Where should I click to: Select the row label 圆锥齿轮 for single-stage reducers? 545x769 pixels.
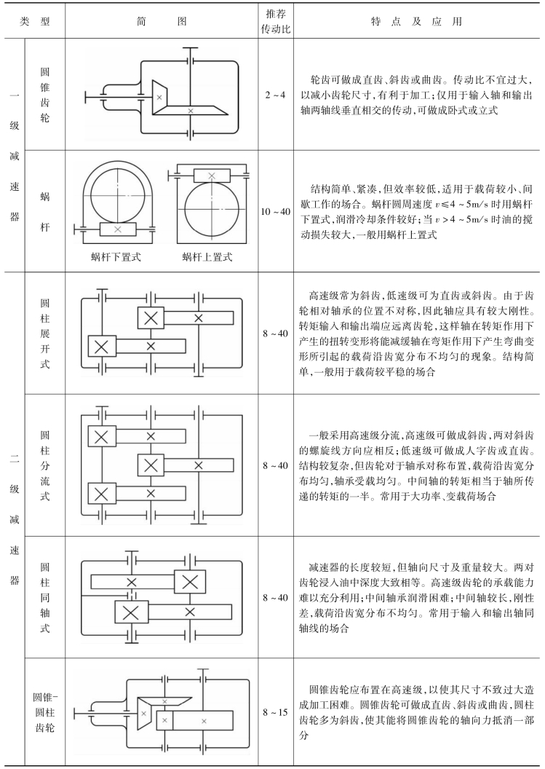[x=45, y=95]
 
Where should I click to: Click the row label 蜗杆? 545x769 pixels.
[x=45, y=210]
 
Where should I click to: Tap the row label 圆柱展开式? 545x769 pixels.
[x=45, y=333]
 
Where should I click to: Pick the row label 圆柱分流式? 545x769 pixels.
[x=45, y=464]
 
